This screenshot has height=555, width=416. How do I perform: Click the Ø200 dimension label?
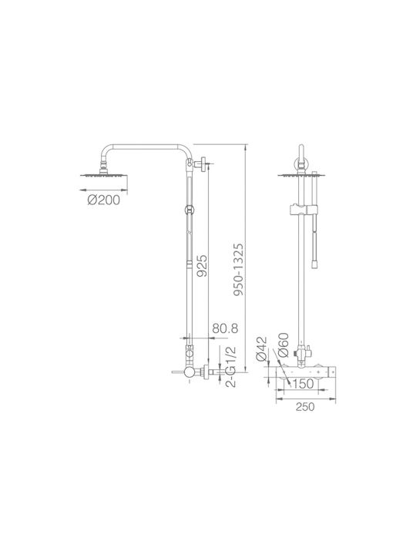(x=104, y=200)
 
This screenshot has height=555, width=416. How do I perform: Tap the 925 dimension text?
(x=202, y=266)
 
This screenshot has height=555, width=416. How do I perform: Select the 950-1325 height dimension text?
(x=238, y=270)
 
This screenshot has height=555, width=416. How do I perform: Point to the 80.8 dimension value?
(x=225, y=328)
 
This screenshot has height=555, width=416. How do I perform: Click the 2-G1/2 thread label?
(x=230, y=367)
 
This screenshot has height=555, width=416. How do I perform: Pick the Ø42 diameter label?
(x=261, y=349)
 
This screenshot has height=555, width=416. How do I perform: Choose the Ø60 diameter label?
(x=283, y=345)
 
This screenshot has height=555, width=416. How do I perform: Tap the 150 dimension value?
(x=304, y=384)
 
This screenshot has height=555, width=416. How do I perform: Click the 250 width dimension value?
(x=305, y=407)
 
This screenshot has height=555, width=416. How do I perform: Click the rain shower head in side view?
(x=104, y=174)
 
